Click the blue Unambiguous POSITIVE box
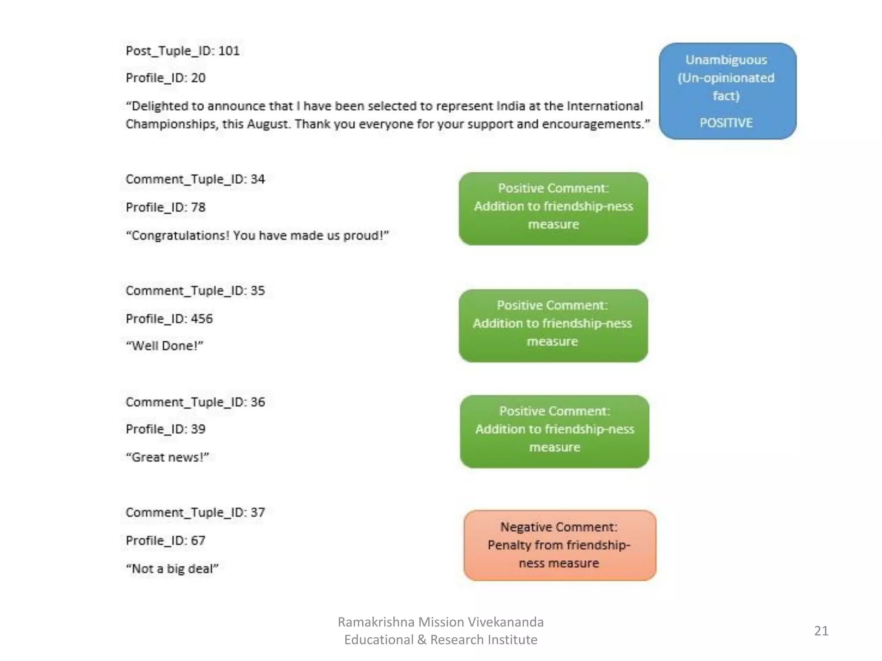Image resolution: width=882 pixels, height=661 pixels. pyautogui.click(x=727, y=91)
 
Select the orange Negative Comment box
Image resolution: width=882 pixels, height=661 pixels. pyautogui.click(x=559, y=545)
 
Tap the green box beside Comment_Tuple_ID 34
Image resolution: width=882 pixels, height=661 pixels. pyautogui.click(x=553, y=209)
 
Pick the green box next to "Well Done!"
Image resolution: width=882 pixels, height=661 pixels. pyautogui.click(x=553, y=325)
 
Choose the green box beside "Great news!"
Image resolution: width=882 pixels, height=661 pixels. pyautogui.click(x=554, y=431)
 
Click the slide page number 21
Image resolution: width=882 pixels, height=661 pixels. pyautogui.click(x=821, y=631)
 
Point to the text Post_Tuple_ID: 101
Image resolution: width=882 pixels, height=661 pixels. pyautogui.click(x=182, y=51)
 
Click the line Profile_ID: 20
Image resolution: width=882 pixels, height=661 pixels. pyautogui.click(x=165, y=78)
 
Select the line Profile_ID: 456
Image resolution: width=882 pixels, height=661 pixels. pyautogui.click(x=169, y=318)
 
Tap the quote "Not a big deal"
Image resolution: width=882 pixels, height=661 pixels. pyautogui.click(x=172, y=568)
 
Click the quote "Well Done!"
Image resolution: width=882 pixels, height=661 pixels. pyautogui.click(x=164, y=346)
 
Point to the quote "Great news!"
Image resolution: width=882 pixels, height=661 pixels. pyautogui.click(x=167, y=457)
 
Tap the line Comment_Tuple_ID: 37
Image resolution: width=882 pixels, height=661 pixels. pyautogui.click(x=195, y=513)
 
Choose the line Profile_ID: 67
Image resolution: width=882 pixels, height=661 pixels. pyautogui.click(x=165, y=541)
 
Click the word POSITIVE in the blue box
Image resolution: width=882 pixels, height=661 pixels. pyautogui.click(x=726, y=123)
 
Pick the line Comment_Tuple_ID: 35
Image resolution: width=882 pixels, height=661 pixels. pyautogui.click(x=195, y=290)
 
